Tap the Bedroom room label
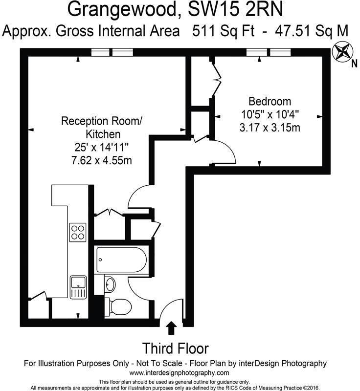[270, 102]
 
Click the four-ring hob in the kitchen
[77, 232]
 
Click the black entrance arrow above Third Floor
[171, 327]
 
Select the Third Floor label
[175, 348]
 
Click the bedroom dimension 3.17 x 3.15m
[270, 128]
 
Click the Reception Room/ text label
[103, 120]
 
